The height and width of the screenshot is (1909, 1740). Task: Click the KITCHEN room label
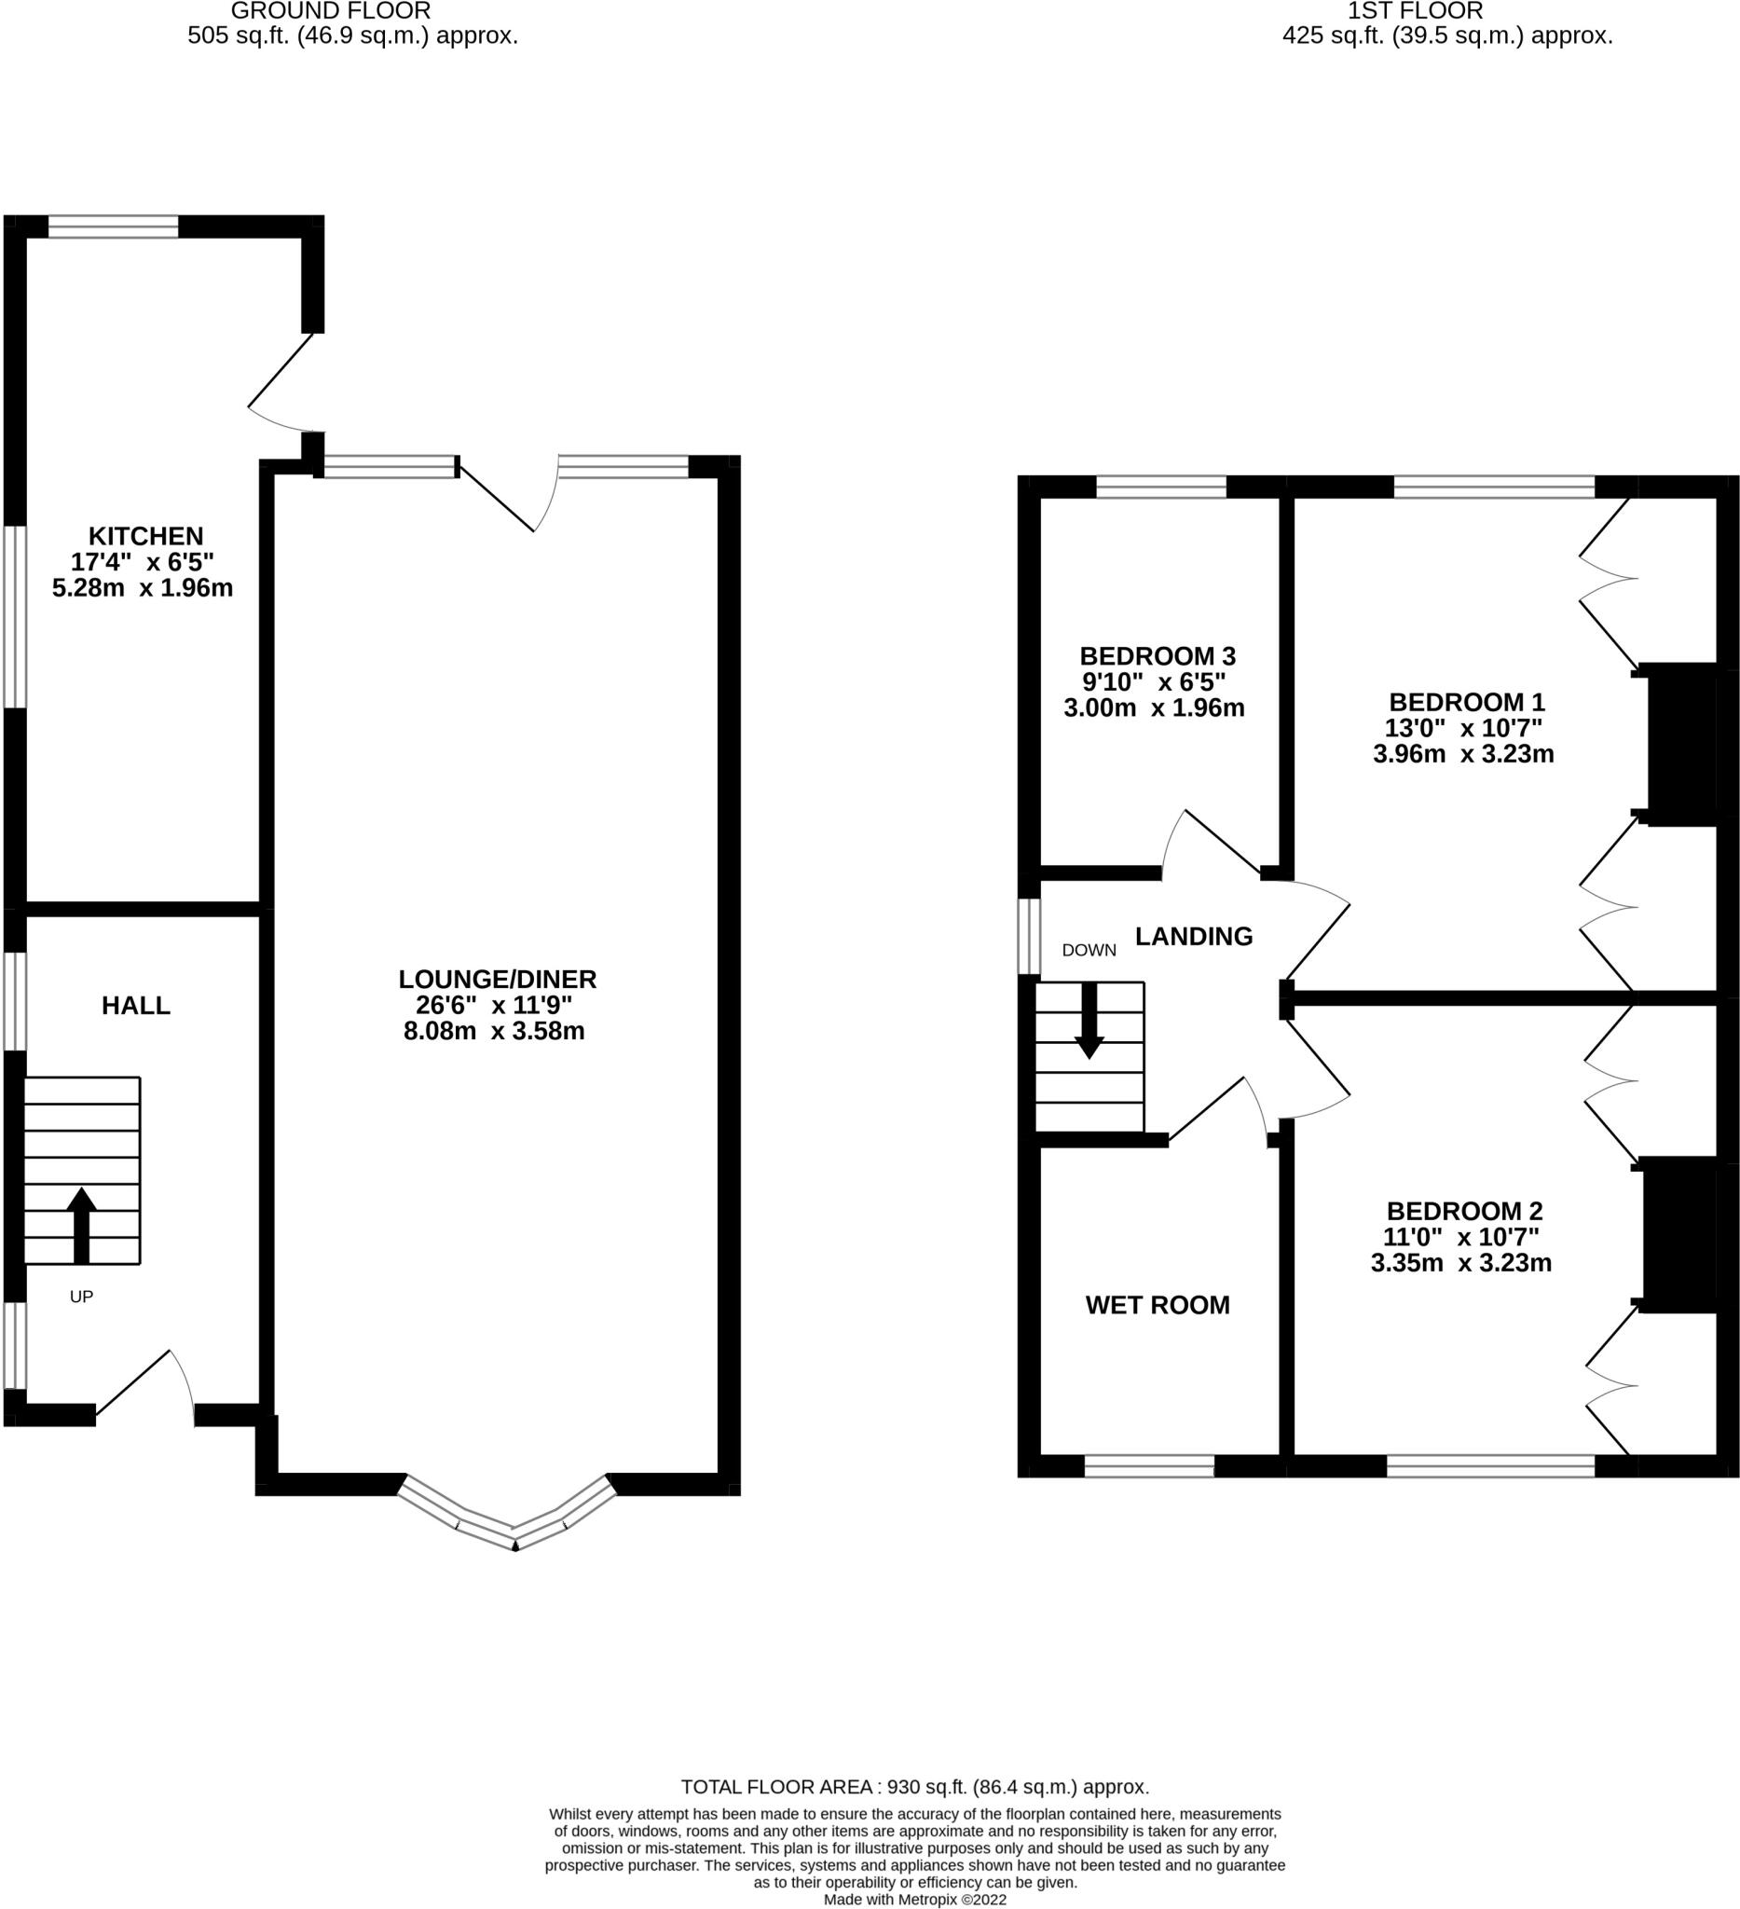tap(145, 535)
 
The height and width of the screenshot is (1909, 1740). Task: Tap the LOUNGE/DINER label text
tap(497, 979)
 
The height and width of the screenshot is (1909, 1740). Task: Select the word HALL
tap(136, 1006)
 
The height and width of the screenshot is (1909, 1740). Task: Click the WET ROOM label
tap(1157, 1305)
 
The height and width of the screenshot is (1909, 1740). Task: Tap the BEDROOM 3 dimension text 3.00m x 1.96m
tap(1153, 707)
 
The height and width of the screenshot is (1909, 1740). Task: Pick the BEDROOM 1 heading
tap(1465, 702)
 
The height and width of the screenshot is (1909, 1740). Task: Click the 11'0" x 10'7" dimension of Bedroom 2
tap(1460, 1237)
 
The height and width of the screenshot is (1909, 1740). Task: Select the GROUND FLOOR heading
tap(331, 11)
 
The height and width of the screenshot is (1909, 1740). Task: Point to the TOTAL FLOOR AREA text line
tap(914, 1787)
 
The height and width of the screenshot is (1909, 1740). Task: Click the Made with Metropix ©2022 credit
tap(914, 1900)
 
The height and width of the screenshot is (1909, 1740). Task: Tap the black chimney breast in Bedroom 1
tap(1681, 743)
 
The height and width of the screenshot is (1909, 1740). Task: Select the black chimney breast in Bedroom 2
tap(1679, 1234)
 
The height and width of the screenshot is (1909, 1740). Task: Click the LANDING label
tap(1193, 937)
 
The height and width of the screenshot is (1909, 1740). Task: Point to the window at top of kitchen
tap(113, 227)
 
